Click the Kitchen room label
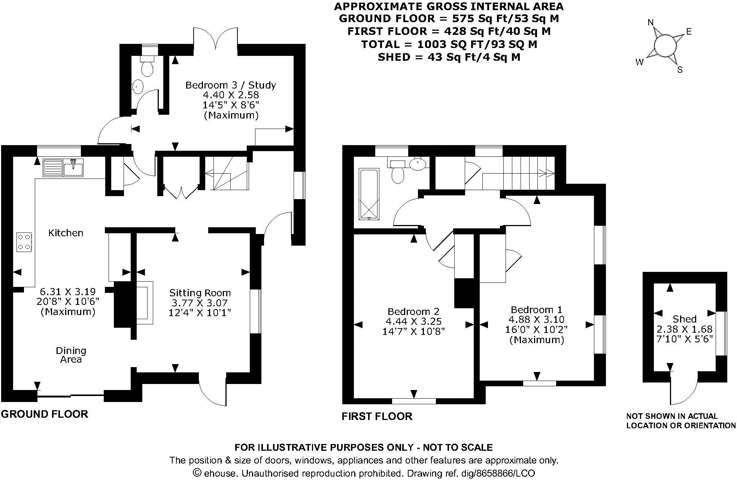pos(66,233)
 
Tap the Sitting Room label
pos(200,293)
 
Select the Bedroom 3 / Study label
pos(231,85)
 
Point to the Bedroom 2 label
pos(413,312)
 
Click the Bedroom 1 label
pos(537,310)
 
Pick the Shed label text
pos(685,319)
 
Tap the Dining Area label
pos(71,355)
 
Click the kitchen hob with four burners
pos(24,242)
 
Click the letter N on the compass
pos(650,23)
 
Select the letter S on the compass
pos(680,70)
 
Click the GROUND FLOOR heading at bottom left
pos(45,414)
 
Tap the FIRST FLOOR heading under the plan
pos(377,416)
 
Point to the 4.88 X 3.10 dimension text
pos(536,320)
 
